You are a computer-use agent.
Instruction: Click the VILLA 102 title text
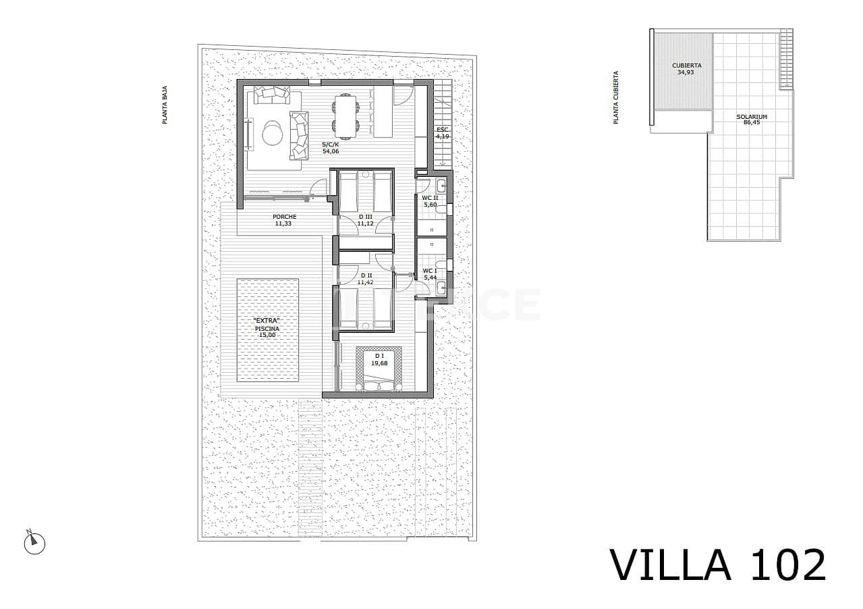point(717,564)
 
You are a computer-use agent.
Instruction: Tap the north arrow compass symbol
point(34,543)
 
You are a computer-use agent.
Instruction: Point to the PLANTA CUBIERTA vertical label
point(615,98)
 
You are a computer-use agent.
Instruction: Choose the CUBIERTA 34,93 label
point(686,69)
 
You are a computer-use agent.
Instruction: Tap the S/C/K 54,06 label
point(330,147)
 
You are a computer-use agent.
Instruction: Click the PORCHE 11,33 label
point(284,220)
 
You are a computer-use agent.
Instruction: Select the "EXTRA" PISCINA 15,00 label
point(267,327)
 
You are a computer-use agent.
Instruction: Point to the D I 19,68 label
point(379,359)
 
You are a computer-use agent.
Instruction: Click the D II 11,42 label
point(366,278)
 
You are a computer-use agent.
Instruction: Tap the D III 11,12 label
point(365,220)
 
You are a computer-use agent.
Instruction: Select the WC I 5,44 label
point(429,274)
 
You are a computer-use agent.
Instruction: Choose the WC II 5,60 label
point(430,201)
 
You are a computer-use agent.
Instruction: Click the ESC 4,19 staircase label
point(442,132)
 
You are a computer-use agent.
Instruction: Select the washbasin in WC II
point(441,187)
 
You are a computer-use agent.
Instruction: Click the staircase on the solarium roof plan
point(786,59)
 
